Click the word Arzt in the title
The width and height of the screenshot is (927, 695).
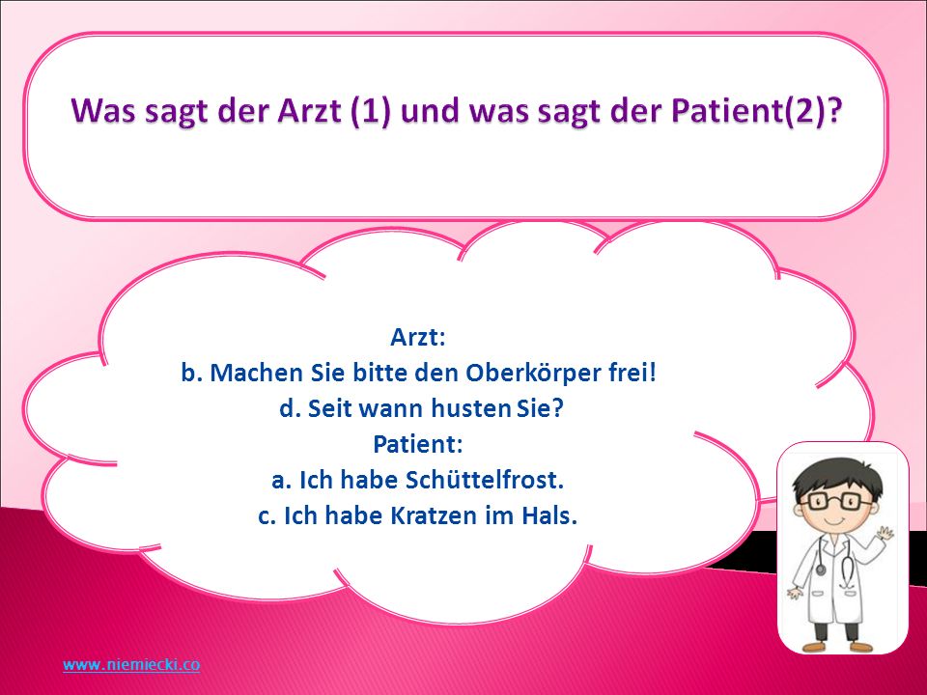point(309,110)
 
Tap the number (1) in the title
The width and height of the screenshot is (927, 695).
point(371,111)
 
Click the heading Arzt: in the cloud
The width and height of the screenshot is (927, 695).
point(417,338)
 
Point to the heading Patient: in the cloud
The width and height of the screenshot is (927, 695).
point(417,444)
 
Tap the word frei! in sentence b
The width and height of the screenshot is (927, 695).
point(632,373)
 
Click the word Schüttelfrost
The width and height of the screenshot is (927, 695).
point(485,480)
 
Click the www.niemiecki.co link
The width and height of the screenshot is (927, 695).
point(131,664)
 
